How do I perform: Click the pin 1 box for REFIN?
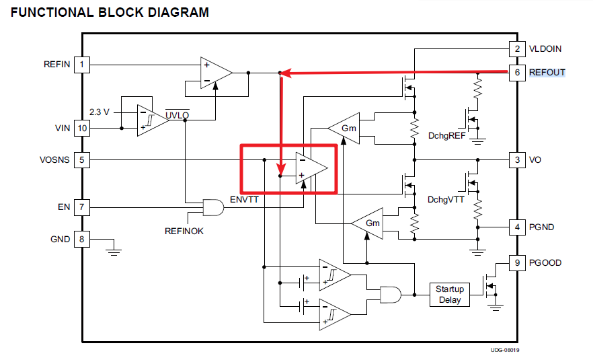[x=82, y=65]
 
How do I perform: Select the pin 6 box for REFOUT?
[x=516, y=72]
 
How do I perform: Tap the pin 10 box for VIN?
[x=82, y=127]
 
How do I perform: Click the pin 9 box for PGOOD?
[x=516, y=262]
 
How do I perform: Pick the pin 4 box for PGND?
[x=516, y=227]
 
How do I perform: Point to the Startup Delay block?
[x=450, y=294]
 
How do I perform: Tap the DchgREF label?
[x=446, y=135]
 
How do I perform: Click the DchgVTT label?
[x=445, y=199]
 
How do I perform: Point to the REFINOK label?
[x=184, y=231]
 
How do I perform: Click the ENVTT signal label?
[x=244, y=200]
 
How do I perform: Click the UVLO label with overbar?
[x=177, y=114]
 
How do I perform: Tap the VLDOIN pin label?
[x=545, y=49]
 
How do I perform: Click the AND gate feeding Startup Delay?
[x=390, y=294]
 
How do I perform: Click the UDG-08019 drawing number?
[x=504, y=350]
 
